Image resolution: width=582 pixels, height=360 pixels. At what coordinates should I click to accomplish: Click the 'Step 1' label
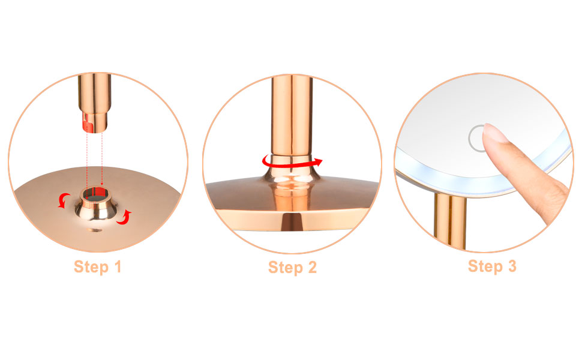(x=98, y=266)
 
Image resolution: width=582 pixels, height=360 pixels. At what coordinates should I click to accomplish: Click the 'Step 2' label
(x=292, y=267)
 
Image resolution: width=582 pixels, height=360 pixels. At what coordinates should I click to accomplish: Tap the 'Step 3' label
(x=492, y=266)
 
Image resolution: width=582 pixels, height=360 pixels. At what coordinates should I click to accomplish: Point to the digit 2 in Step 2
(x=311, y=267)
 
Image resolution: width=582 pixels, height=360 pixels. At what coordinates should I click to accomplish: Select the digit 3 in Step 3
(x=511, y=266)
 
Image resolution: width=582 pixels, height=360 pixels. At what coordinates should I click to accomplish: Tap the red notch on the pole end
(x=87, y=125)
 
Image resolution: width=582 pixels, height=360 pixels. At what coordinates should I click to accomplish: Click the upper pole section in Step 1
(x=94, y=93)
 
